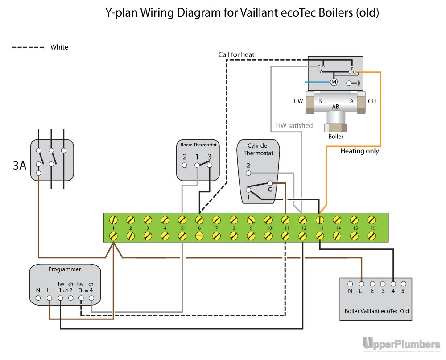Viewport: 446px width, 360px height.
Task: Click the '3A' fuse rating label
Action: [20, 166]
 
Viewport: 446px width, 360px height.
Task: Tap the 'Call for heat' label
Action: [236, 54]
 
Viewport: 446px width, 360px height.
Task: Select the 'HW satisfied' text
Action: [294, 125]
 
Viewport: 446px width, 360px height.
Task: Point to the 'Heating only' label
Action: [359, 151]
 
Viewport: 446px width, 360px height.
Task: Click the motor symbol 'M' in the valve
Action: [334, 82]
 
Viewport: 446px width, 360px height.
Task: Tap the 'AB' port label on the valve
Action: [335, 107]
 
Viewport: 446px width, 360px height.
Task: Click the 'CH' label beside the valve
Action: [372, 101]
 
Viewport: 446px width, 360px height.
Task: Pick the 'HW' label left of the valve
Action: [298, 101]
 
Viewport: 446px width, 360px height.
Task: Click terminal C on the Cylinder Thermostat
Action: [270, 183]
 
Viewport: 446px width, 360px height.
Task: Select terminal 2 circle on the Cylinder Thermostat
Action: [249, 173]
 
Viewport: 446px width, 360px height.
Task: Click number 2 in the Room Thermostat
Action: [185, 157]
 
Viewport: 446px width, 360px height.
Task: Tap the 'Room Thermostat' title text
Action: [198, 145]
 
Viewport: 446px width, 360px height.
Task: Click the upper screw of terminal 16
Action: [371, 220]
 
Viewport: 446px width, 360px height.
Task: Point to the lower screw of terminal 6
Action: [199, 236]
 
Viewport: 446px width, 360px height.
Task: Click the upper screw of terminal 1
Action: [113, 220]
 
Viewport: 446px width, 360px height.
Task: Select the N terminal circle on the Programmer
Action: [38, 298]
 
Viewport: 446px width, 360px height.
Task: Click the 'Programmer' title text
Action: [65, 269]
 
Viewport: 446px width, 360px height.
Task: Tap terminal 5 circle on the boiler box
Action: [403, 283]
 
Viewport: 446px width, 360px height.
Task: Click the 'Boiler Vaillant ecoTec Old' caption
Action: [376, 311]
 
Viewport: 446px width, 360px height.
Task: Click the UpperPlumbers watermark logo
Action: [401, 343]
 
